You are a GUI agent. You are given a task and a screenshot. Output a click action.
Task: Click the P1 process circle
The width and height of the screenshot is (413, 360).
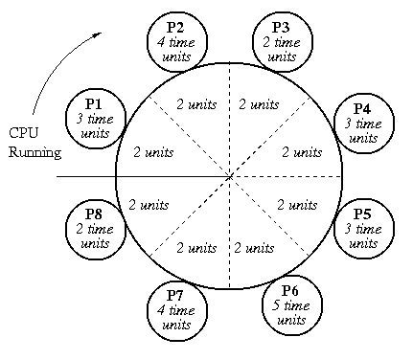pyautogui.click(x=94, y=119)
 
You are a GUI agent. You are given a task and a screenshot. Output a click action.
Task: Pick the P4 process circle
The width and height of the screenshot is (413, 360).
pyautogui.click(x=363, y=123)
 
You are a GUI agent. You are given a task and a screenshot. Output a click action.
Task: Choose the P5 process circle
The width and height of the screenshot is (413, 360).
pyautogui.click(x=363, y=226)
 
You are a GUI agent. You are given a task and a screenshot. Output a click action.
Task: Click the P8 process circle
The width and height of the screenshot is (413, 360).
pyautogui.click(x=95, y=224)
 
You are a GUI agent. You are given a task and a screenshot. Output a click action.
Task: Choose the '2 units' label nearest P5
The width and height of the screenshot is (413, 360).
pyautogui.click(x=297, y=203)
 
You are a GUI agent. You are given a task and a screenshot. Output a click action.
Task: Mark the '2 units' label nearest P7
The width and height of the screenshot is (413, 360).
pyautogui.click(x=197, y=248)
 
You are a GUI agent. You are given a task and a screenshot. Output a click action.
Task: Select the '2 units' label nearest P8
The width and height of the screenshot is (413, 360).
pyautogui.click(x=149, y=203)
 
